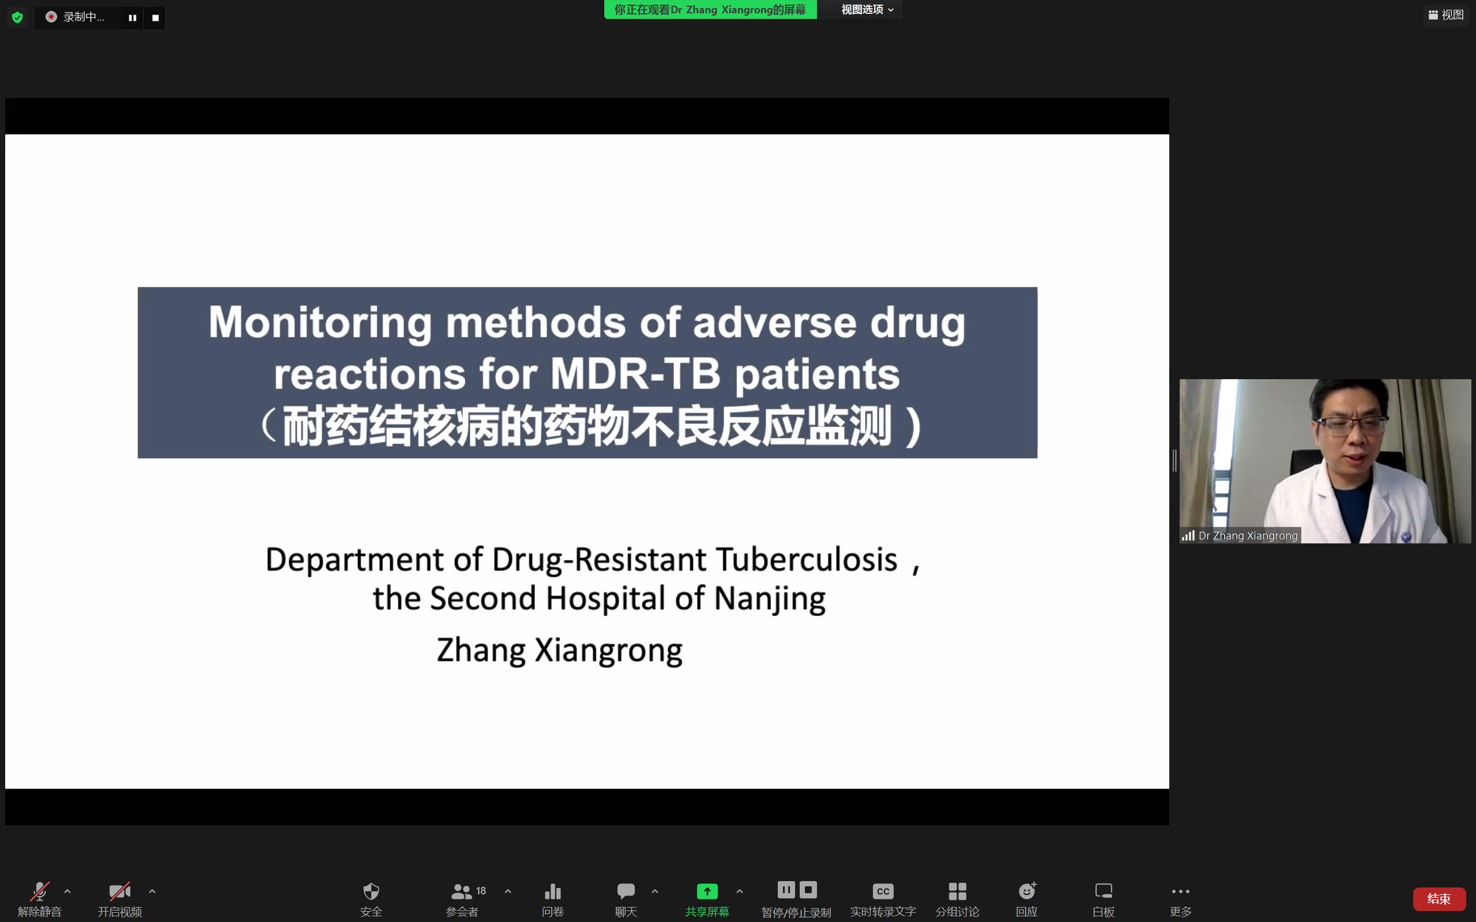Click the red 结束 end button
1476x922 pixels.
click(x=1439, y=898)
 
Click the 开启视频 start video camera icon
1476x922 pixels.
click(x=119, y=891)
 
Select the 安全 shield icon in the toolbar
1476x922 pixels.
click(x=371, y=891)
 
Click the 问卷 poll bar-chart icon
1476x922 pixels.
click(x=552, y=891)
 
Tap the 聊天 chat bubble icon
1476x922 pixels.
click(x=626, y=891)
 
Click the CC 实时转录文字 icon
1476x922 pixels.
click(x=883, y=891)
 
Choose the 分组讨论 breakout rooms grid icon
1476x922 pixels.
click(x=957, y=891)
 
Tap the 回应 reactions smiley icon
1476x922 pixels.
click(x=1027, y=890)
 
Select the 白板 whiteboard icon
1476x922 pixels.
click(x=1104, y=891)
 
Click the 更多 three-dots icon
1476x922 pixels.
click(x=1180, y=891)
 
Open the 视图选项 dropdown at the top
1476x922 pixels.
click(x=867, y=10)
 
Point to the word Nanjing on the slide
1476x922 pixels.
click(x=770, y=599)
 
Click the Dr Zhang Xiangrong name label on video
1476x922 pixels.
click(x=1247, y=535)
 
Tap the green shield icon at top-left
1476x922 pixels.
click(x=18, y=17)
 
